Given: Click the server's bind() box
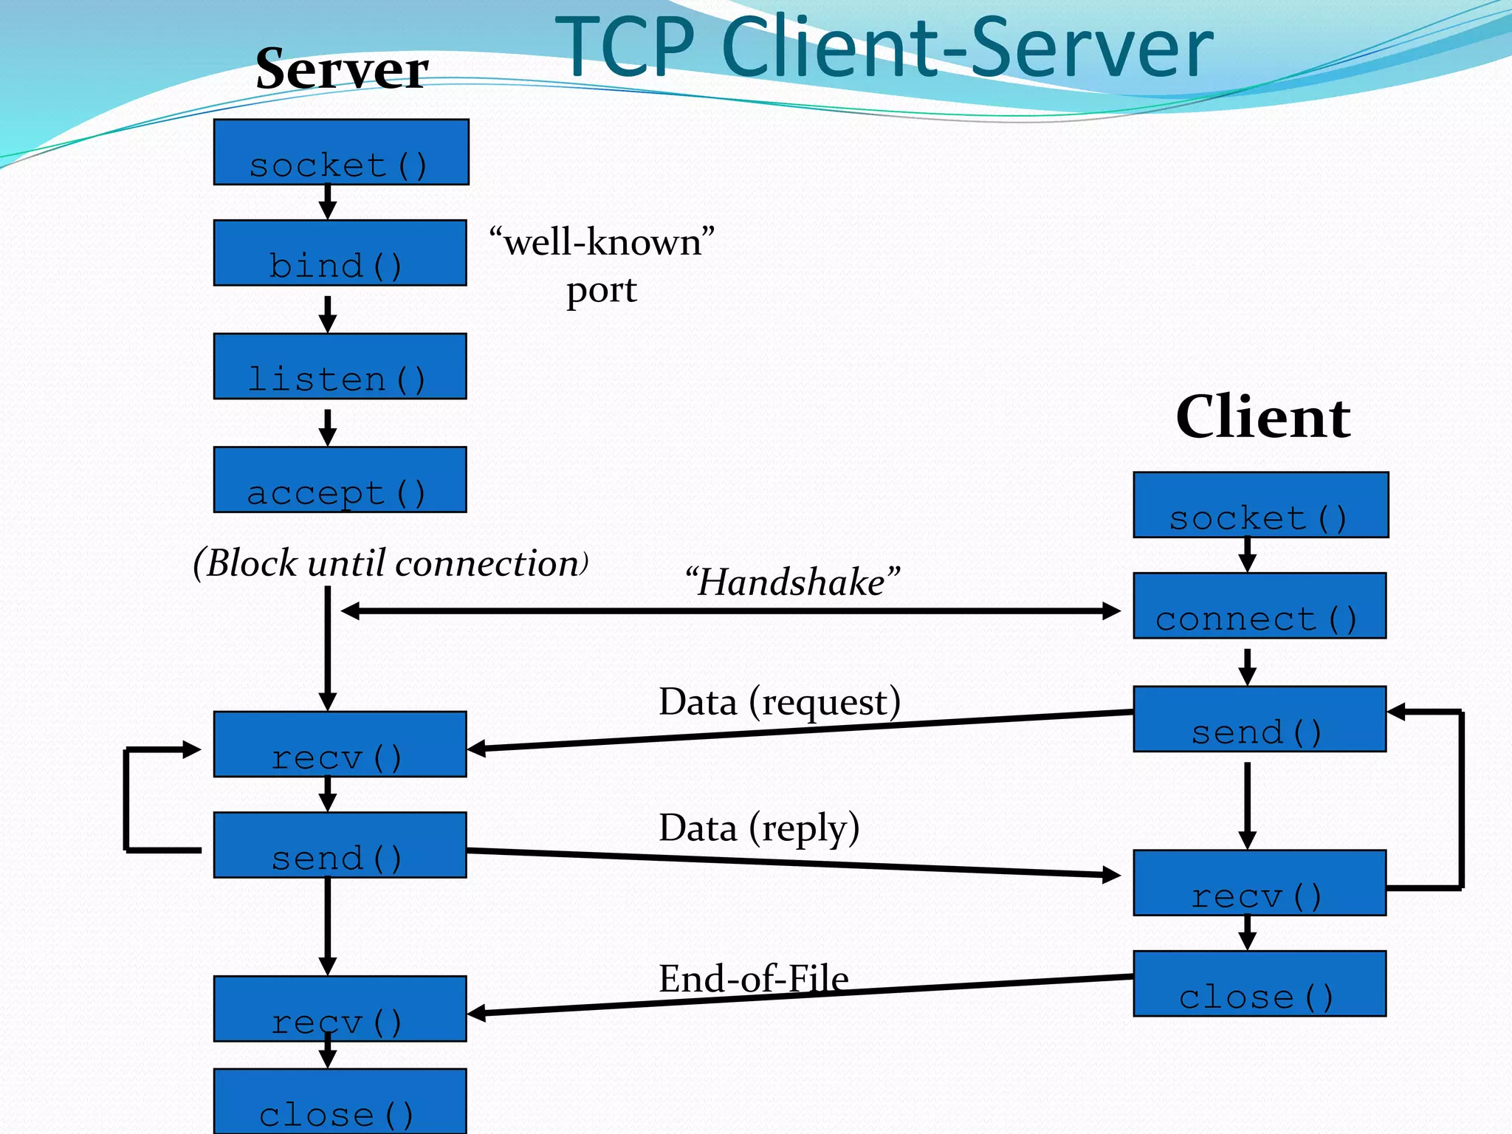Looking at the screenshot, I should pos(340,252).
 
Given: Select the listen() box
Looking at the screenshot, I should pos(340,366).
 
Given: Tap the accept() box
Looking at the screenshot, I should pos(340,479).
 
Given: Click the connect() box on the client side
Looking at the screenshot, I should pos(1260,605).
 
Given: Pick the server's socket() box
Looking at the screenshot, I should pos(341,152).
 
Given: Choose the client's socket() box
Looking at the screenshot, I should pos(1261,505).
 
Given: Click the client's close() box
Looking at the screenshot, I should pos(1260,983).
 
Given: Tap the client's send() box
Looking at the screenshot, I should pos(1260,719).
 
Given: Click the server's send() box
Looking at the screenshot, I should pos(340,845).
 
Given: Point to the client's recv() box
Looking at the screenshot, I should pos(1260,883).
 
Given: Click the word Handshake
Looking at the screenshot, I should pos(792,582).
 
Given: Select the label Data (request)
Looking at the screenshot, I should pos(780,701).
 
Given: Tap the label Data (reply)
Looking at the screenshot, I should pos(759,828).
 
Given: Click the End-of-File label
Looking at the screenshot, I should pos(753,979).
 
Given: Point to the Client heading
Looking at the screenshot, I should pos(1263,417).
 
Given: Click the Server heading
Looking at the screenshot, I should pos(342,69).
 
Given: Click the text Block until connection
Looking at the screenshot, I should pos(391,563).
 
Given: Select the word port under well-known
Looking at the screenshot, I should pos(601,290).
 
